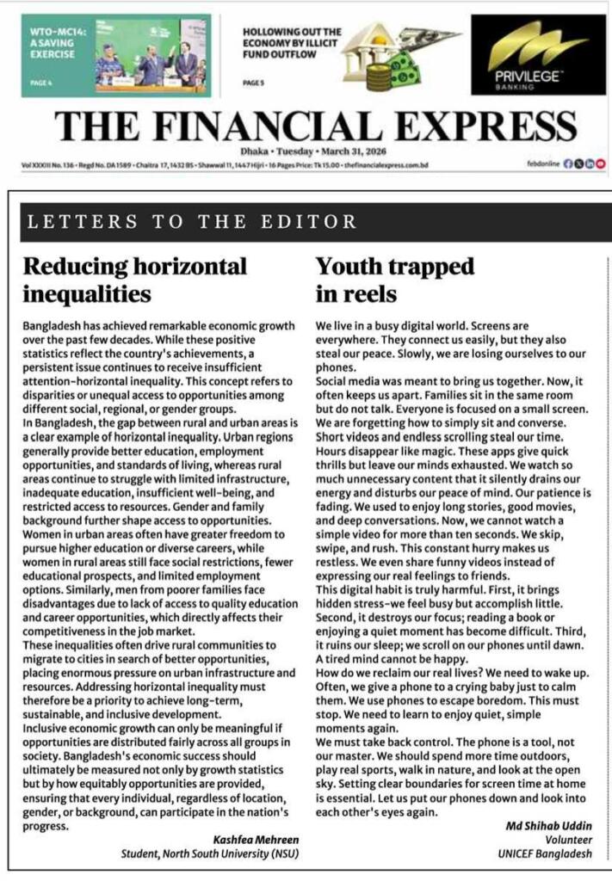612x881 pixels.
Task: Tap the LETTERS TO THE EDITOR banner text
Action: click(x=192, y=222)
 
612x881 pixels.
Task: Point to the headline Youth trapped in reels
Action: click(x=395, y=279)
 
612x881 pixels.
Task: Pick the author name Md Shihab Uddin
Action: click(x=550, y=827)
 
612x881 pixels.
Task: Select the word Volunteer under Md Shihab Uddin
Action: click(x=569, y=841)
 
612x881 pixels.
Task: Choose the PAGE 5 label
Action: click(x=253, y=83)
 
